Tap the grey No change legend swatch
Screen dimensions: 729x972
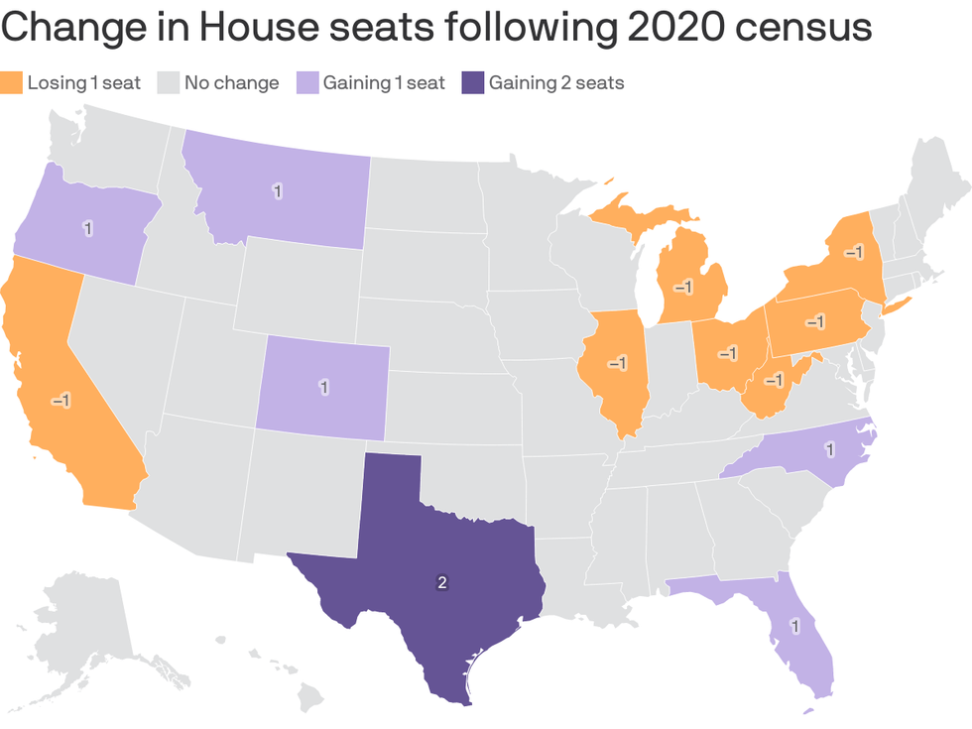tap(168, 82)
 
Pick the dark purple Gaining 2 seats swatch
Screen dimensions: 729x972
tap(472, 82)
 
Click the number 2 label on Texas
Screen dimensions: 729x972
tap(442, 582)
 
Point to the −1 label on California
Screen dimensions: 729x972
tap(61, 400)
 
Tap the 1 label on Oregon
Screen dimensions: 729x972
tap(88, 228)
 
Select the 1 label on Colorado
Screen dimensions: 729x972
tap(323, 386)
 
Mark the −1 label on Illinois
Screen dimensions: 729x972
tap(617, 363)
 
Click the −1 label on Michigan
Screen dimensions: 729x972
tap(683, 288)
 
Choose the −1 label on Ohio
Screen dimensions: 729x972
tap(728, 353)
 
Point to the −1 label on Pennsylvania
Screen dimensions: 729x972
tap(814, 322)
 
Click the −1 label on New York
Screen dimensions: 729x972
tap(852, 253)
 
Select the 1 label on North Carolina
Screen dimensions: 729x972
tap(829, 450)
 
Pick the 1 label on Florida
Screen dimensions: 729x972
tap(793, 626)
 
